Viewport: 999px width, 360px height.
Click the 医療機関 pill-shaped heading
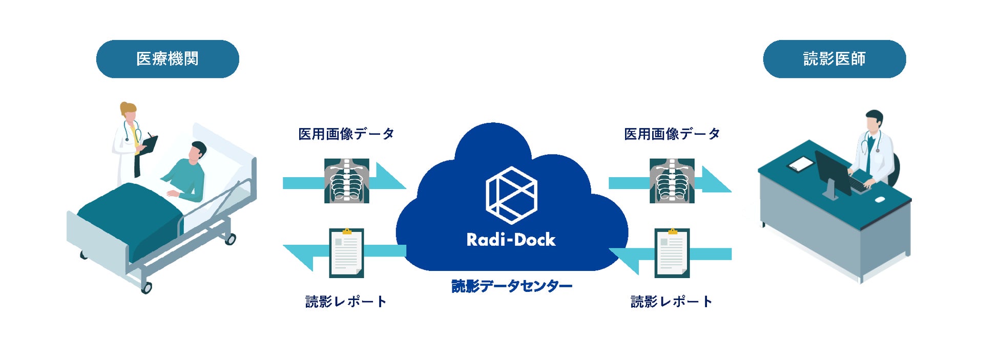click(x=168, y=59)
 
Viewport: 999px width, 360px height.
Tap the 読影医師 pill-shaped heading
click(x=834, y=59)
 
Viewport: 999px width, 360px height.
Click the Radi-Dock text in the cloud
click(x=511, y=240)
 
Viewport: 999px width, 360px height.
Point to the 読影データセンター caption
click(x=511, y=286)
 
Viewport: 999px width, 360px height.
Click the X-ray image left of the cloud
click(x=346, y=181)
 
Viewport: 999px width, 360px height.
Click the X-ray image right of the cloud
click(x=672, y=181)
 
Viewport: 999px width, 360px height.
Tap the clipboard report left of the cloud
click(x=346, y=253)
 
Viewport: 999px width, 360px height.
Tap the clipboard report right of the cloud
click(x=672, y=253)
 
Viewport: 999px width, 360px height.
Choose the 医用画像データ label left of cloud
click(x=346, y=134)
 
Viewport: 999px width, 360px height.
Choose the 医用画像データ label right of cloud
click(x=672, y=134)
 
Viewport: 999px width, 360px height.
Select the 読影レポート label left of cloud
click(x=346, y=302)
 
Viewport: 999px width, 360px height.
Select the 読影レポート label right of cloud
click(x=672, y=302)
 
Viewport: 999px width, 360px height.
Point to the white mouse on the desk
click(x=880, y=199)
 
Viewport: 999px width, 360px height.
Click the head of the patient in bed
click(x=197, y=151)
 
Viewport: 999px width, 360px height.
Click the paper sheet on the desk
click(x=800, y=164)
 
